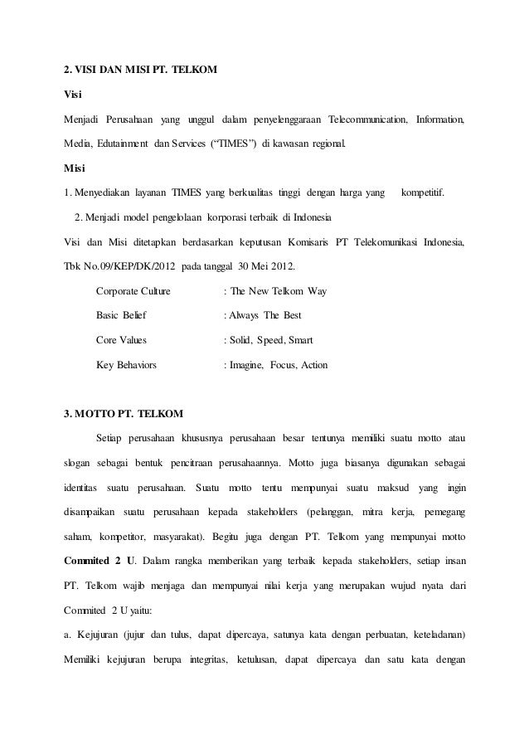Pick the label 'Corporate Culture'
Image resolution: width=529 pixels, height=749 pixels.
tap(133, 291)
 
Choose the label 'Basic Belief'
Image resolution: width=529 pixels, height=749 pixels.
tap(120, 315)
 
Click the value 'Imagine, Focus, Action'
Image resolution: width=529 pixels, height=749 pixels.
tap(279, 364)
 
